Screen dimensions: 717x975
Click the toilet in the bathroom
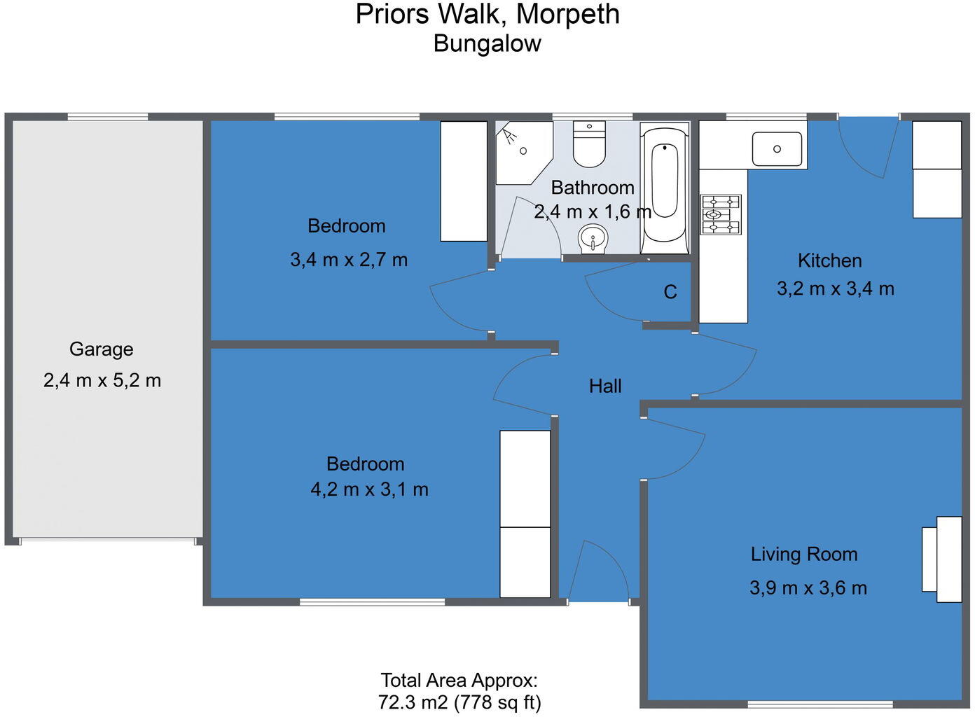pos(589,145)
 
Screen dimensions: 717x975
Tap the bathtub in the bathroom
pos(665,183)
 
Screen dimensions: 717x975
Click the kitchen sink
pos(777,148)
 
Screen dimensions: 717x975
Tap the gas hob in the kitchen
pos(721,214)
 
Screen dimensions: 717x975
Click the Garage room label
pos(101,349)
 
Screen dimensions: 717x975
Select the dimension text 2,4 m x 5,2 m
pos(102,380)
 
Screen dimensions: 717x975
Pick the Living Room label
pos(804,554)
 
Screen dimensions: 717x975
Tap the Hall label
pos(605,386)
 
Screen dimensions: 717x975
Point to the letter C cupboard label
pos(670,292)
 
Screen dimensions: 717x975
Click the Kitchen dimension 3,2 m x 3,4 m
pos(835,288)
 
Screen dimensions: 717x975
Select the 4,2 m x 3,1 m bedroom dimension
pos(369,489)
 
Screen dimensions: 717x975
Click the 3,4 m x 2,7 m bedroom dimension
pos(349,260)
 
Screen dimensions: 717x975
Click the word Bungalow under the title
pos(488,43)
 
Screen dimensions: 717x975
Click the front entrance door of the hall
pos(597,573)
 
